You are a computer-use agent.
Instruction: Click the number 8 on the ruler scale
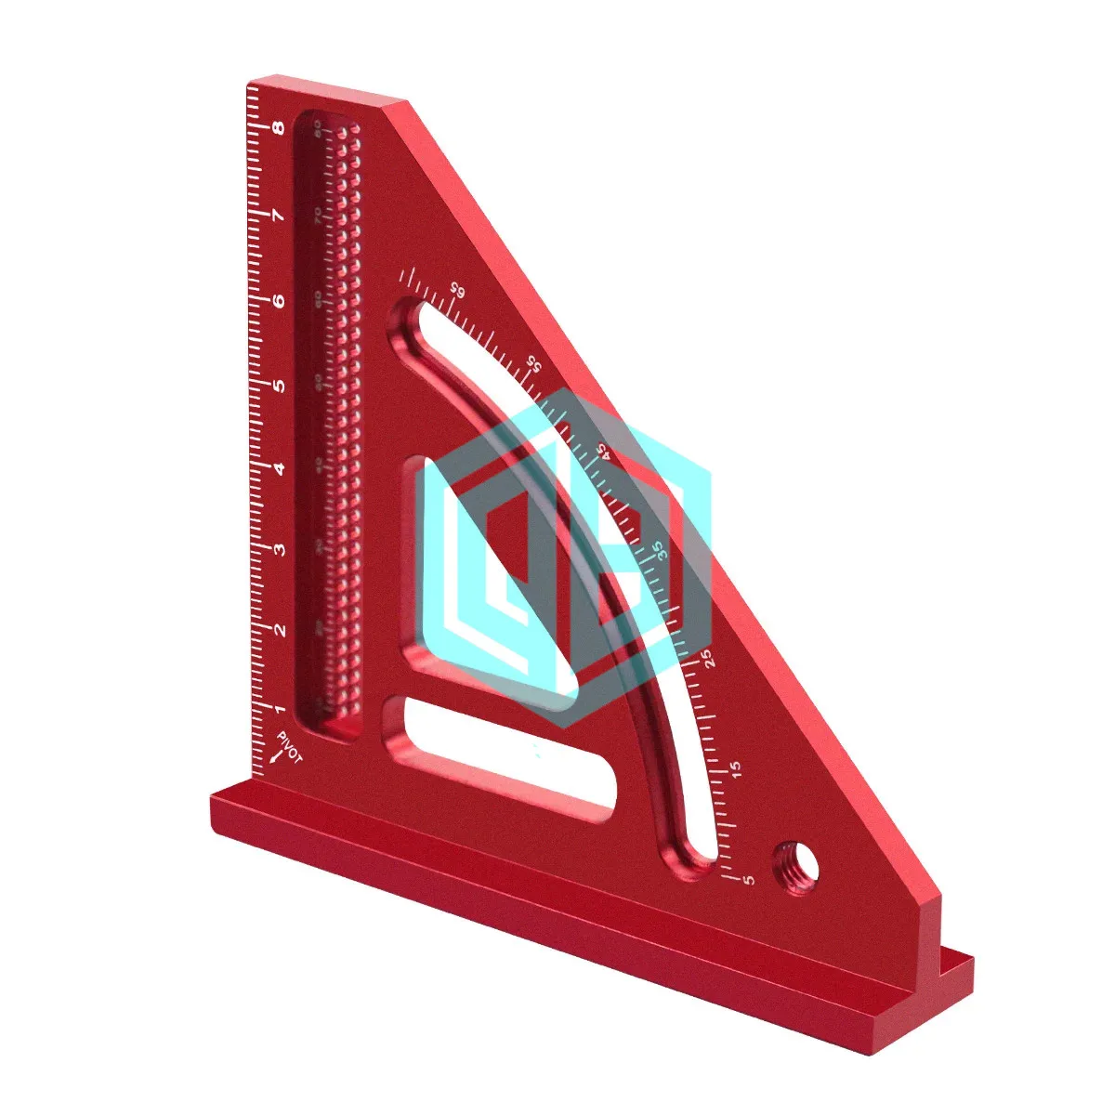pyautogui.click(x=278, y=129)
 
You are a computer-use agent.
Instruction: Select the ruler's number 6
pyautogui.click(x=278, y=301)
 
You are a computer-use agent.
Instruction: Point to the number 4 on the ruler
pyautogui.click(x=278, y=467)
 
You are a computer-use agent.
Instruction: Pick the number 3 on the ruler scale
pyautogui.click(x=278, y=549)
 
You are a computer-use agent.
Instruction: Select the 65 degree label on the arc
pyautogui.click(x=456, y=289)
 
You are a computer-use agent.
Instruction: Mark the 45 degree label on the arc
pyautogui.click(x=602, y=451)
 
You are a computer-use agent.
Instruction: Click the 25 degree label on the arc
pyautogui.click(x=708, y=658)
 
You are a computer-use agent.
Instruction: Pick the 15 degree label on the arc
pyautogui.click(x=737, y=769)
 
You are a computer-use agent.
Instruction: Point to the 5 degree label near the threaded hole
pyautogui.click(x=750, y=879)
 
